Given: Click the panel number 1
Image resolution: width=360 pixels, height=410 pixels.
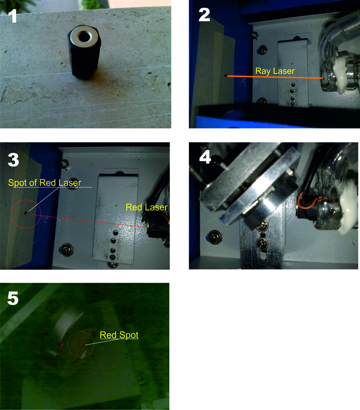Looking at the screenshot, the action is [12, 16].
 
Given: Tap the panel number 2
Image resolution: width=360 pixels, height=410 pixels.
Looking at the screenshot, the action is [204, 15].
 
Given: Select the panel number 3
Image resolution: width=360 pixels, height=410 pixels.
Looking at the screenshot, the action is [13, 160].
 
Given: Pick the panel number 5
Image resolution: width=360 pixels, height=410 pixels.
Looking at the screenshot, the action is [13, 298].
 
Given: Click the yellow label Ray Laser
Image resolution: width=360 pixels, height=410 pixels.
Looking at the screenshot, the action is [275, 71].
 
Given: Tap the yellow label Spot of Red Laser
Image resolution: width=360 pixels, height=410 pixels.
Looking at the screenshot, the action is [45, 183].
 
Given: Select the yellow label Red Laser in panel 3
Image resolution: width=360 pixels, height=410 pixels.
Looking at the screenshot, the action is [147, 207].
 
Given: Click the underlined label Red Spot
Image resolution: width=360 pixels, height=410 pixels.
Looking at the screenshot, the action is [119, 335].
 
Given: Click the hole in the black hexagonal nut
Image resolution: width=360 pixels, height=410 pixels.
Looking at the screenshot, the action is [84, 37].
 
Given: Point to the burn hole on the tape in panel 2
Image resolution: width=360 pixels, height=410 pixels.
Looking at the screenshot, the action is [225, 76].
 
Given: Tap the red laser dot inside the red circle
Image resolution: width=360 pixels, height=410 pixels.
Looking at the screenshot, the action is [26, 213].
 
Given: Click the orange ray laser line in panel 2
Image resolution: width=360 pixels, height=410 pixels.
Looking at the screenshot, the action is [275, 77].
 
